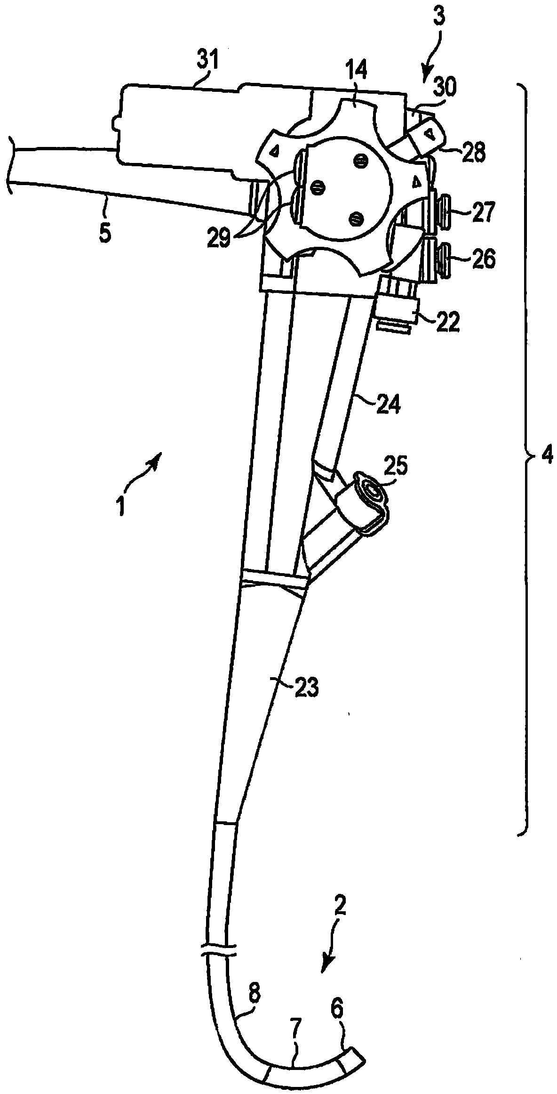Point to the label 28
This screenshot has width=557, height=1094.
(471, 154)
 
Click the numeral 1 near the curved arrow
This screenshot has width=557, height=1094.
(120, 508)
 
